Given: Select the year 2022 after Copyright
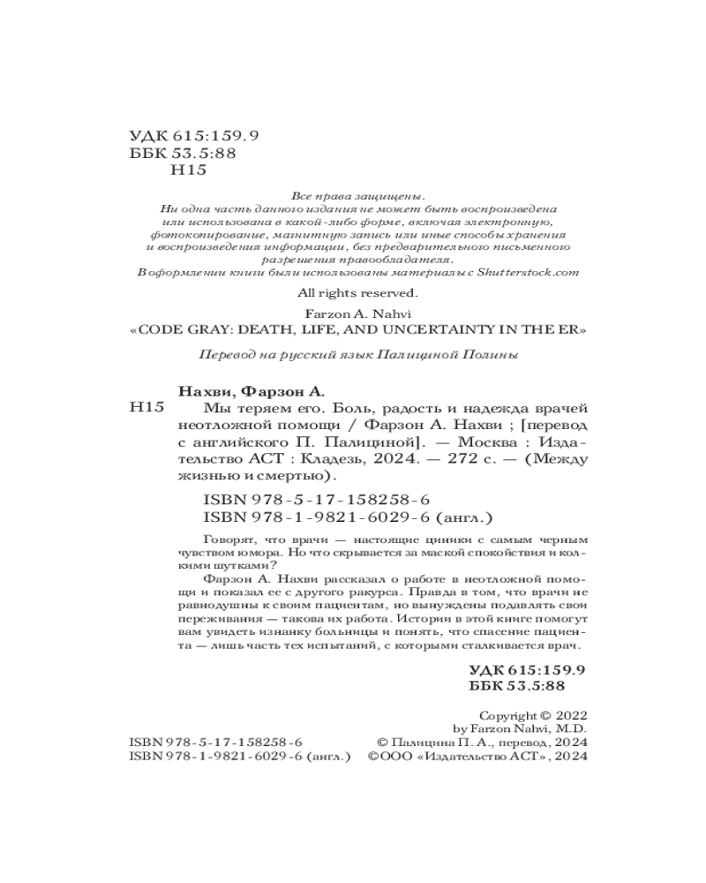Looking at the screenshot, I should pyautogui.click(x=569, y=715).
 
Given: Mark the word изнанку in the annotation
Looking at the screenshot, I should pyautogui.click(x=312, y=636).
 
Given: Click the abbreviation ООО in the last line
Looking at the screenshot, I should pyautogui.click(x=398, y=758).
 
